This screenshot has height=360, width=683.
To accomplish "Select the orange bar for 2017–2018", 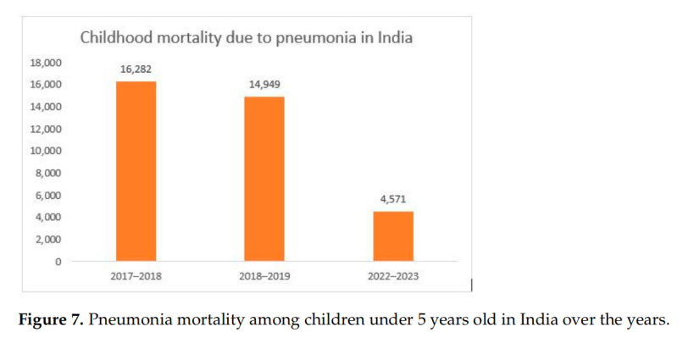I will (136, 170).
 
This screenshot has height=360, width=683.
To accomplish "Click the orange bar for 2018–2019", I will (264, 178).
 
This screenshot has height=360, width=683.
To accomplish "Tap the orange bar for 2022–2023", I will (393, 235).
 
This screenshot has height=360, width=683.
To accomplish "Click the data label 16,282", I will (136, 69).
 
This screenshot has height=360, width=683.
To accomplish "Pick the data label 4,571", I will (393, 199).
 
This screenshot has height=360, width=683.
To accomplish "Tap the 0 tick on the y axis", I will (58, 261).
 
